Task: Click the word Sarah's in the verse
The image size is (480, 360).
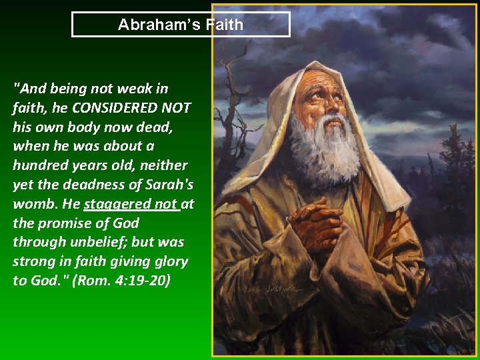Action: [169, 184]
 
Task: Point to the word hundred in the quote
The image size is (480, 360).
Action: [40, 165]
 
